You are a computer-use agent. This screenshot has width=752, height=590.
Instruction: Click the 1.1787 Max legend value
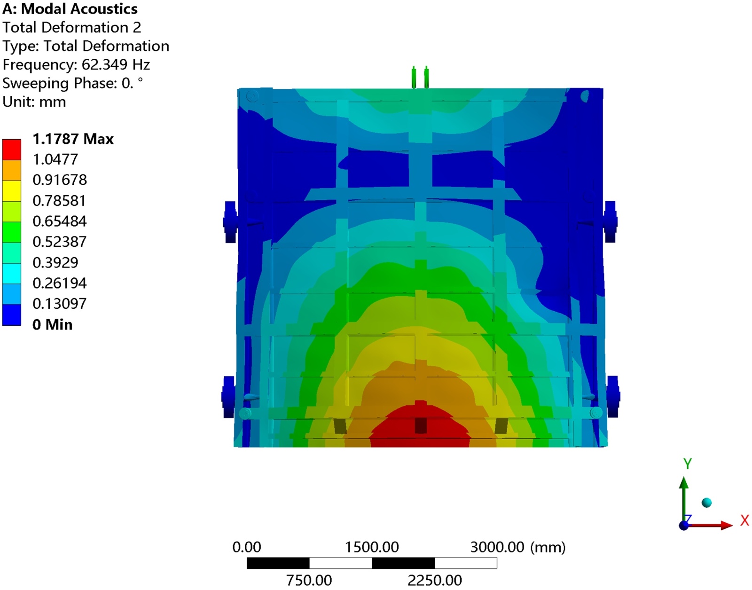[73, 139]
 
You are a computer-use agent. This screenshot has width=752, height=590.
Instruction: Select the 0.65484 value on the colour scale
[60, 221]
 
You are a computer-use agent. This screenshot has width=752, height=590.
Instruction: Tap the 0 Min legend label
[52, 324]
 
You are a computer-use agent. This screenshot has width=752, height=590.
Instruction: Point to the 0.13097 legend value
[60, 304]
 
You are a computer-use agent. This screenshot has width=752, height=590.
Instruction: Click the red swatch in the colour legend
[11, 149]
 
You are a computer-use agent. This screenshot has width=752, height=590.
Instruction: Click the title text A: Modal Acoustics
[70, 9]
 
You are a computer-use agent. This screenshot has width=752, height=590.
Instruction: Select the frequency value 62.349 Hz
[116, 65]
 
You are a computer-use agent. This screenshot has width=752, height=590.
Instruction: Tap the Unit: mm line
[34, 102]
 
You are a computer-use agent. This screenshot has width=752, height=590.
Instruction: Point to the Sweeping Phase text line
[72, 83]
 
